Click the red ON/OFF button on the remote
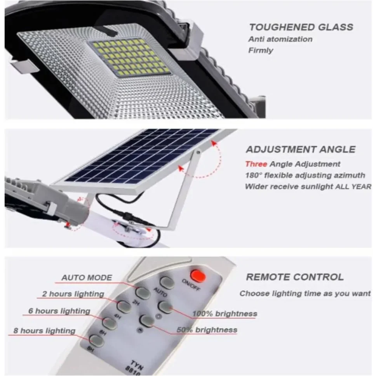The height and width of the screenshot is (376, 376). tap(198, 276)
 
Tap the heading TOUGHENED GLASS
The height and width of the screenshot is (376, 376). tap(301, 27)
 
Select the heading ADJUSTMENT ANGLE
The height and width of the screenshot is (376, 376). tap(301, 150)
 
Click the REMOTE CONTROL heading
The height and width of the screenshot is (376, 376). tap(295, 277)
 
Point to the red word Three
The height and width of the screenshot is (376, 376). tap(256, 164)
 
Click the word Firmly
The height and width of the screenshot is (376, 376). tap(261, 50)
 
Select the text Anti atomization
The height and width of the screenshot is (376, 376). tap(280, 39)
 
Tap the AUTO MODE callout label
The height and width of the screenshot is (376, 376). tap(87, 278)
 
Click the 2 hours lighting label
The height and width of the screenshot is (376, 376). tap(73, 294)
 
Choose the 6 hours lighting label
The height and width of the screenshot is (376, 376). tap(59, 311)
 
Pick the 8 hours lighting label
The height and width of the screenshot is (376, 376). tap(44, 331)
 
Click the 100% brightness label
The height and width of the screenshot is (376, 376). tap(225, 313)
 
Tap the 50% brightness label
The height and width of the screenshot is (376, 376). tap(207, 330)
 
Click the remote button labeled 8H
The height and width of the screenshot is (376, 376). tap(96, 341)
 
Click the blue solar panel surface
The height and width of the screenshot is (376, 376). tap(141, 156)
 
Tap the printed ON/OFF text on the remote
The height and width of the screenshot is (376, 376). tap(191, 285)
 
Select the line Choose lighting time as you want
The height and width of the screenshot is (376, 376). tap(305, 294)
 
